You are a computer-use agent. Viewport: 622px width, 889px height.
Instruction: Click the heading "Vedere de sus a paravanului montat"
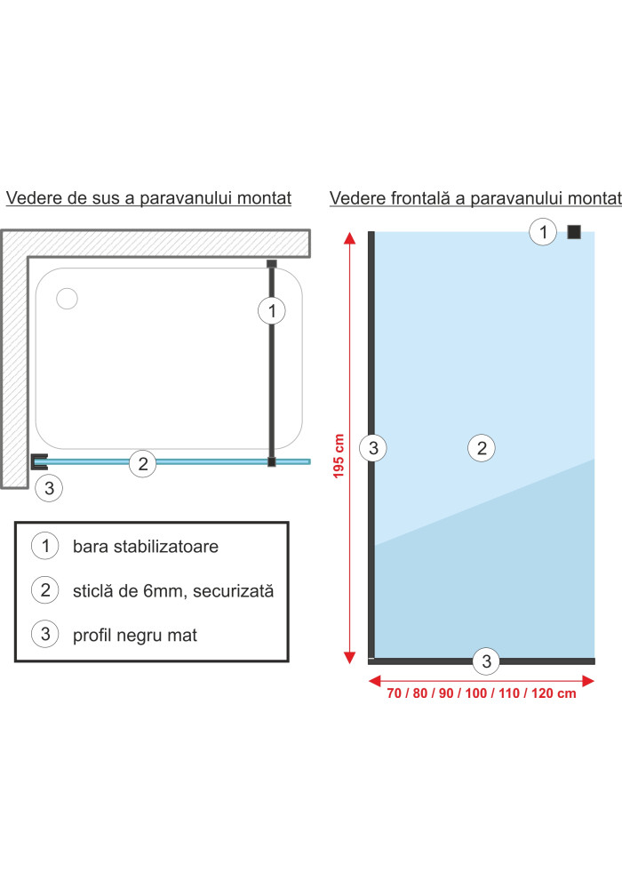[x=148, y=198]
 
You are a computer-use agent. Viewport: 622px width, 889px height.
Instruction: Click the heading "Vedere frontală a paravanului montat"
[x=475, y=198]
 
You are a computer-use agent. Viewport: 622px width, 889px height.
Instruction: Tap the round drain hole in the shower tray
[x=67, y=298]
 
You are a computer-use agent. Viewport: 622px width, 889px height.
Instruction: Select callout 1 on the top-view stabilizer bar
[x=272, y=310]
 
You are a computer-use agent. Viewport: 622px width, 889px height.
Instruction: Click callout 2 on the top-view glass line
[x=143, y=463]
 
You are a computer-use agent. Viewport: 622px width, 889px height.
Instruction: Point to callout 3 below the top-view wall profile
[x=49, y=487]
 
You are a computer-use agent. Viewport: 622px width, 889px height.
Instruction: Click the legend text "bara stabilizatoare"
[x=146, y=547]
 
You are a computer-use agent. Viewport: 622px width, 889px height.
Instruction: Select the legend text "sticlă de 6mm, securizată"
[x=173, y=591]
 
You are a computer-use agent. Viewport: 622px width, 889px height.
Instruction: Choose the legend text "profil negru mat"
[x=135, y=635]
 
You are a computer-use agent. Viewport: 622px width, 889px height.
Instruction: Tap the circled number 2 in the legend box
[x=45, y=589]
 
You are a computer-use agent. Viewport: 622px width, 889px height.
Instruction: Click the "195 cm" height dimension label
[x=339, y=456]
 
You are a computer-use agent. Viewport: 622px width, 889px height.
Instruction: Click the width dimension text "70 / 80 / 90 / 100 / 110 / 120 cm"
[x=482, y=693]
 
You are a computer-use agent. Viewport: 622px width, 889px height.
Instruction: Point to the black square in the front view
[x=574, y=232]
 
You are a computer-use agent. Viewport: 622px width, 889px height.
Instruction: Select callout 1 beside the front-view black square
[x=543, y=232]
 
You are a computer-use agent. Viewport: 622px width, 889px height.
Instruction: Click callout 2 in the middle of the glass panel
[x=482, y=448]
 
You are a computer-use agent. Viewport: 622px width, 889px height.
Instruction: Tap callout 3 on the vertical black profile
[x=373, y=448]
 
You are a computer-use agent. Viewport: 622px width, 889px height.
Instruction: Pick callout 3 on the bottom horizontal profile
[x=487, y=661]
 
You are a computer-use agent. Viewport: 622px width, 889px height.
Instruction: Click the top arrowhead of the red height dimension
[x=350, y=238]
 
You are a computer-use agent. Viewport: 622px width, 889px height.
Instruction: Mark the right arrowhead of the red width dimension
[x=588, y=680]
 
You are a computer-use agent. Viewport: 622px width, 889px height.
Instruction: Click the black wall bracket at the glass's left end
[x=39, y=461]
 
